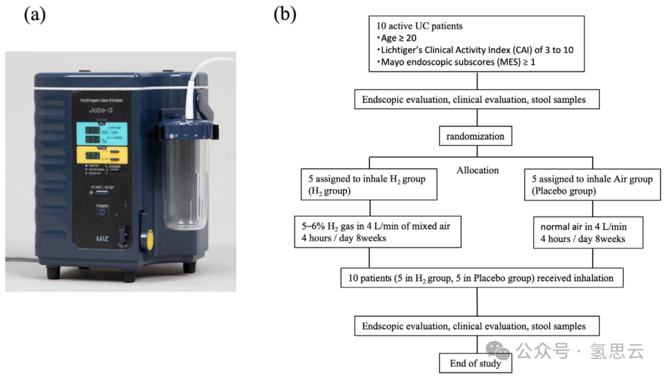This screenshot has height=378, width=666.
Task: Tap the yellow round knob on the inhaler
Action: point(146,240)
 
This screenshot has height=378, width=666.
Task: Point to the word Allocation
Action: point(478,170)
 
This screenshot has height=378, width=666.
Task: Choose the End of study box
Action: point(475,363)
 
